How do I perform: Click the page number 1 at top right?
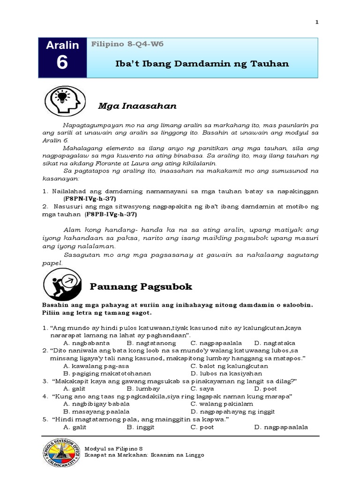click(317, 22)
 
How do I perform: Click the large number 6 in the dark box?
click(62, 62)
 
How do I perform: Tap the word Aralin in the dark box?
click(62, 45)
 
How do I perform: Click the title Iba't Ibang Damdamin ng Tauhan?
click(202, 63)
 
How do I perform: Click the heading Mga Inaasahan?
click(137, 106)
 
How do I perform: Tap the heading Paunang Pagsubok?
click(141, 286)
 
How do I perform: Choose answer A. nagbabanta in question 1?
click(86, 343)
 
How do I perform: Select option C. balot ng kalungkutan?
click(229, 366)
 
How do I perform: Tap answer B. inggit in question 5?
click(141, 427)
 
